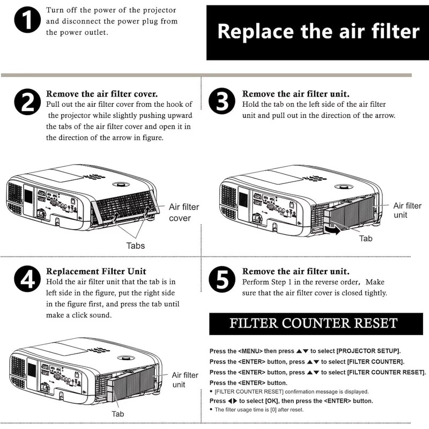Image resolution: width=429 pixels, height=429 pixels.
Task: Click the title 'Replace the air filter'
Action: pos(318,32)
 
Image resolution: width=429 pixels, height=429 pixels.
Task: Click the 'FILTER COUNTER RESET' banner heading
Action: pos(313,323)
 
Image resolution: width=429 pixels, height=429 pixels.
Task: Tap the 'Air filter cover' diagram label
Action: pos(184,212)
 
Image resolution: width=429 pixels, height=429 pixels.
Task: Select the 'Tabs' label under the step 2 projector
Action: pos(135,246)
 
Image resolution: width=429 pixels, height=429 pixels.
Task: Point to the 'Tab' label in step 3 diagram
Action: pos(366,238)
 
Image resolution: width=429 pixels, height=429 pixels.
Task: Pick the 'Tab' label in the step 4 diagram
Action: pos(118,413)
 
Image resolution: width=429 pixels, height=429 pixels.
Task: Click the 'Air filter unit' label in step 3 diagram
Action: pos(407,210)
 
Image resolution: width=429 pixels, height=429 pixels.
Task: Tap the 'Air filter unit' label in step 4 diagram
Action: pos(185,380)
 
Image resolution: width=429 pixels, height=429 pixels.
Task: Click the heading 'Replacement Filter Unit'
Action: pos(97,271)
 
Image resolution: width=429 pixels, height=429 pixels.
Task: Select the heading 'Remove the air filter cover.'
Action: pos(102,93)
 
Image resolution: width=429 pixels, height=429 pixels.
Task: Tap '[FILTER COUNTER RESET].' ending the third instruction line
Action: pos(387,372)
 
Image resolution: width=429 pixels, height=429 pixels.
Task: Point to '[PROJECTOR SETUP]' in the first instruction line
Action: pos(368,351)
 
